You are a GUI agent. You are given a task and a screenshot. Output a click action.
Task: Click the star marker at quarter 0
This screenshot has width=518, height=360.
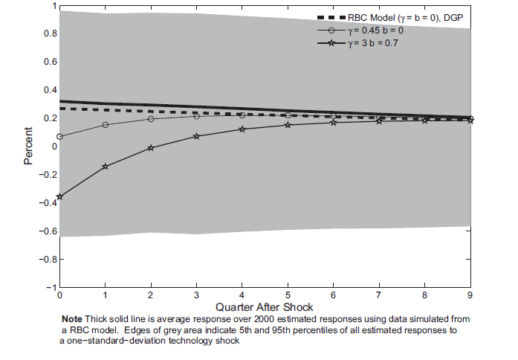(59, 196)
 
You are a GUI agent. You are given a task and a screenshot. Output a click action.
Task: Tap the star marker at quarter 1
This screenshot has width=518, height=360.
(105, 166)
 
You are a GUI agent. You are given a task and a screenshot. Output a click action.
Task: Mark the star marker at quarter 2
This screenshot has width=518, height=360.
(151, 147)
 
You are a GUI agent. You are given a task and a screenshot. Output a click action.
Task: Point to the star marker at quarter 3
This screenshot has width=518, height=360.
(196, 136)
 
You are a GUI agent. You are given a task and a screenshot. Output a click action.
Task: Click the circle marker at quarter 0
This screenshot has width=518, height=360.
(59, 136)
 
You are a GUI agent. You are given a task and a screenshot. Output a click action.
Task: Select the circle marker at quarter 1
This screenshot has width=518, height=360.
(105, 124)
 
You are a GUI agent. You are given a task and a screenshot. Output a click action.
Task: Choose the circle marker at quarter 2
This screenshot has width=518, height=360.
(151, 118)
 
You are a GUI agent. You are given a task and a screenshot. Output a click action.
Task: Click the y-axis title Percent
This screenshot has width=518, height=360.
(27, 147)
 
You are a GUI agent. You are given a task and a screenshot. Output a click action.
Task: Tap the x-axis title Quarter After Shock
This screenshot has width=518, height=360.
(264, 306)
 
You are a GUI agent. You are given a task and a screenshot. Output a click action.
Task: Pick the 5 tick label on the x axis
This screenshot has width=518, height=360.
(288, 295)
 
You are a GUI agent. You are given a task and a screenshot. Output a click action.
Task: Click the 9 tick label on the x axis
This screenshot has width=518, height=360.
(470, 295)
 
